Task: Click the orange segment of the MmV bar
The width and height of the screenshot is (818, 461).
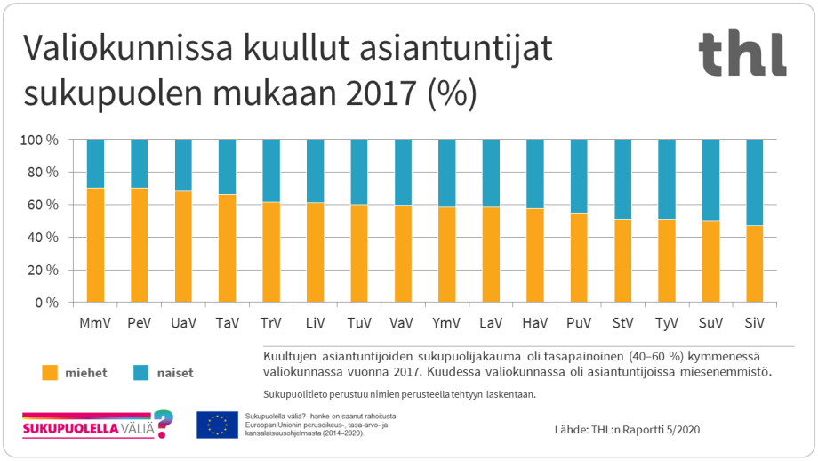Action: point(95,245)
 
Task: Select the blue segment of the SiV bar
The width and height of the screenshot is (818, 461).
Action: point(754,182)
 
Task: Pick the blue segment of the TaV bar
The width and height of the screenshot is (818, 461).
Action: point(227,166)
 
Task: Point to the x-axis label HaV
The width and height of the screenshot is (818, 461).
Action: point(534,321)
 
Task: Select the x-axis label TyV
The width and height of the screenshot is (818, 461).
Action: point(666,321)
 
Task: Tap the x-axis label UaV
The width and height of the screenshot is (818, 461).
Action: point(183,321)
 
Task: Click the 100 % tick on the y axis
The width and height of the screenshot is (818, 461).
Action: point(39,140)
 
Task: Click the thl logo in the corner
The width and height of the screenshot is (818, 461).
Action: point(742,53)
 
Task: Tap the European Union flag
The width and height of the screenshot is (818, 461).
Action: point(217,425)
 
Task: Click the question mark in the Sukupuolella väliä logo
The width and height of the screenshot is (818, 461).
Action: point(163,424)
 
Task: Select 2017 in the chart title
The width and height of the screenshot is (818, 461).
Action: point(375,93)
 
